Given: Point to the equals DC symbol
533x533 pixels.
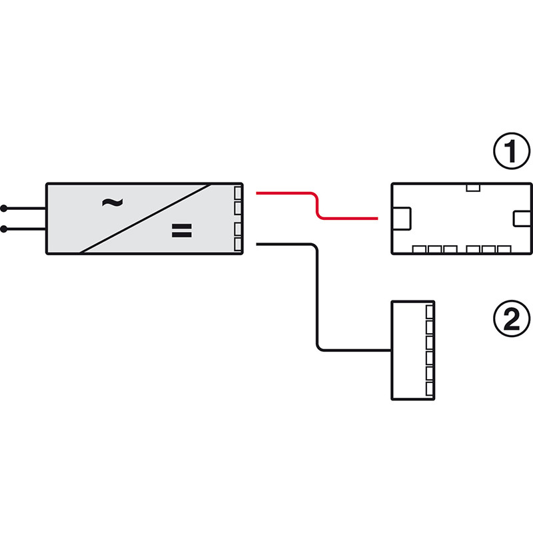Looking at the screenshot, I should click(x=181, y=231).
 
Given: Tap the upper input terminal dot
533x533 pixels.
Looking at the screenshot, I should click(x=5, y=207).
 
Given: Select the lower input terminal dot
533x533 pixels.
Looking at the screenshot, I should click(x=5, y=229).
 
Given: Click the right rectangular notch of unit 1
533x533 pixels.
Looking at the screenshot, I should click(x=520, y=218).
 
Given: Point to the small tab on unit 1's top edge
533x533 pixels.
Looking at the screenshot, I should click(x=473, y=187).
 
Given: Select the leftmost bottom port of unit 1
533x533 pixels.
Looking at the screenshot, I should click(x=420, y=250).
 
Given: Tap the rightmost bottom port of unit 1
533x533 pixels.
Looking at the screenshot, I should click(x=504, y=250).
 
